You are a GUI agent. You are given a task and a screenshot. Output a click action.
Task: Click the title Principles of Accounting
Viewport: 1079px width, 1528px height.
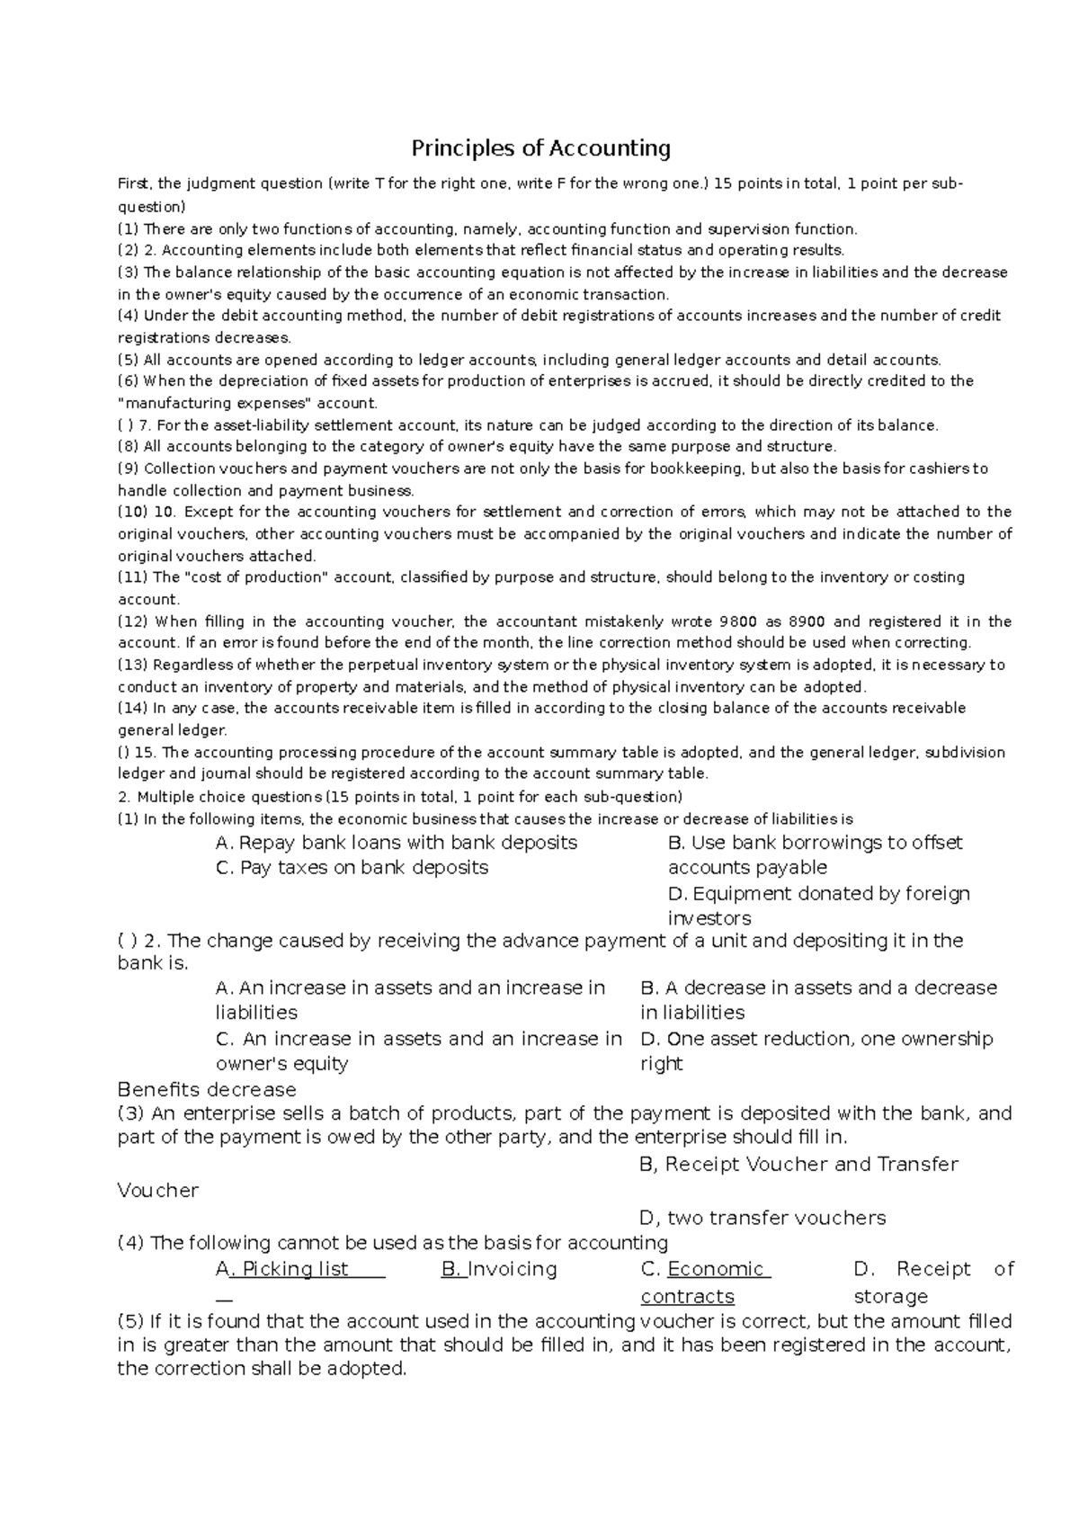point(540,147)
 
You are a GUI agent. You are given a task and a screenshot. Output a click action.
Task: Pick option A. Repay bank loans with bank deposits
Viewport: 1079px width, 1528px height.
point(397,843)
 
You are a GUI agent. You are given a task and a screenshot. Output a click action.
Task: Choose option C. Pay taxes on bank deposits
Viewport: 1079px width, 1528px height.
point(352,868)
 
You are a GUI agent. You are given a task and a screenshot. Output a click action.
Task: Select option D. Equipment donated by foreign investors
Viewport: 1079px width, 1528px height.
point(818,906)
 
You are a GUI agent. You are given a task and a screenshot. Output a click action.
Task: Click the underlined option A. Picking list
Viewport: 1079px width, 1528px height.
point(300,1269)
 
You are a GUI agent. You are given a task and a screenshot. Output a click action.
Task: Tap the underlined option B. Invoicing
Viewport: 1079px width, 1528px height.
point(499,1269)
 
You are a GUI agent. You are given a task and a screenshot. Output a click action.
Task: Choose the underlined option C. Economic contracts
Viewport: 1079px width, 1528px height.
point(705,1282)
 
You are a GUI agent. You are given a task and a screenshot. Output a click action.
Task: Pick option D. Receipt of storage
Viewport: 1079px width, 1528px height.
point(932,1282)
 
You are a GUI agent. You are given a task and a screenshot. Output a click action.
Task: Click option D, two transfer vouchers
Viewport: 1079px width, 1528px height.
point(762,1218)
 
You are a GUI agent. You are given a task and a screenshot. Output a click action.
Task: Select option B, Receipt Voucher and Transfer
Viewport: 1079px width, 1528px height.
point(798,1165)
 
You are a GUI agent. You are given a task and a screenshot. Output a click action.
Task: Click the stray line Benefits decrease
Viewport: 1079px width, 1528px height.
point(207,1090)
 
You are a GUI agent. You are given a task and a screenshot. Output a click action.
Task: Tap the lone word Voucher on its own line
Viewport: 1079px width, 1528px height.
point(158,1191)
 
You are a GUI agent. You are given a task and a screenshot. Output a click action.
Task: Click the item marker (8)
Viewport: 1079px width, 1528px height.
point(129,447)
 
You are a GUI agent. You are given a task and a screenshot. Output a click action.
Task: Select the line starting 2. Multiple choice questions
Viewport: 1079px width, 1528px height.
point(400,797)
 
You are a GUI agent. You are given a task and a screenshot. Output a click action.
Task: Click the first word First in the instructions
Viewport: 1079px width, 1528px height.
point(135,184)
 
